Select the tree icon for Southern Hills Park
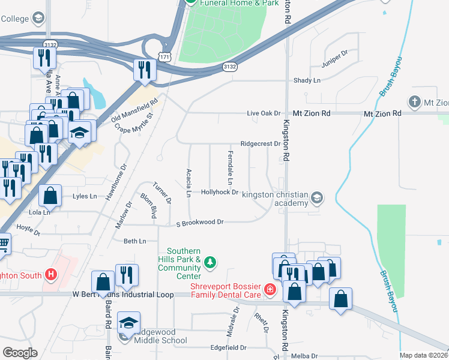[210, 262]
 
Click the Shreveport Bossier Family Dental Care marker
[270, 290]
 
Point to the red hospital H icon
[52, 275]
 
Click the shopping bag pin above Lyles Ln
[50, 195]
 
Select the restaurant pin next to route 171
[144, 70]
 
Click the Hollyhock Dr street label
[220, 192]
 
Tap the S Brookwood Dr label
[199, 222]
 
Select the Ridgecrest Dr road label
[260, 144]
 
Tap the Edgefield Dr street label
[229, 347]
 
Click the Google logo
[20, 353]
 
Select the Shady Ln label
[307, 80]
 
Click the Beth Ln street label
[134, 241]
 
